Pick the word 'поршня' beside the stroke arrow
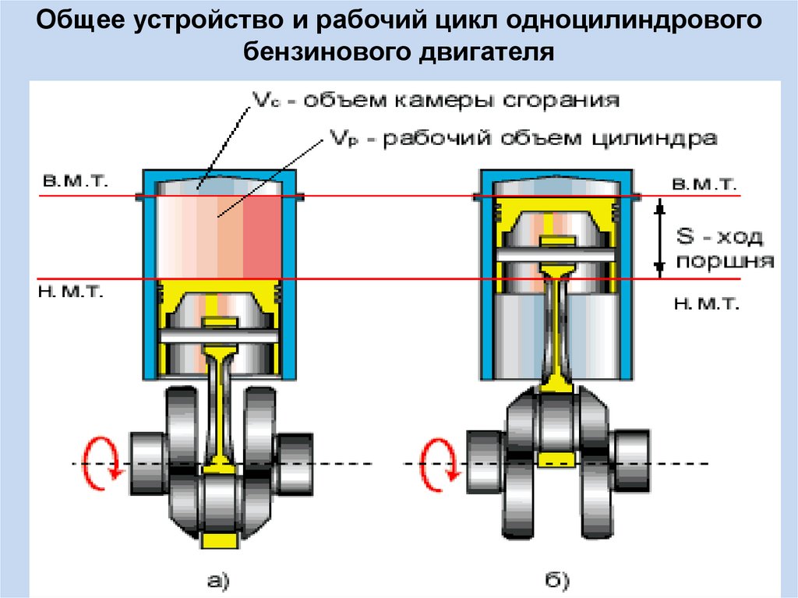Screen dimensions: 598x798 coord(725,261)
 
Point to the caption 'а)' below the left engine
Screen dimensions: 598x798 coord(218,579)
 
